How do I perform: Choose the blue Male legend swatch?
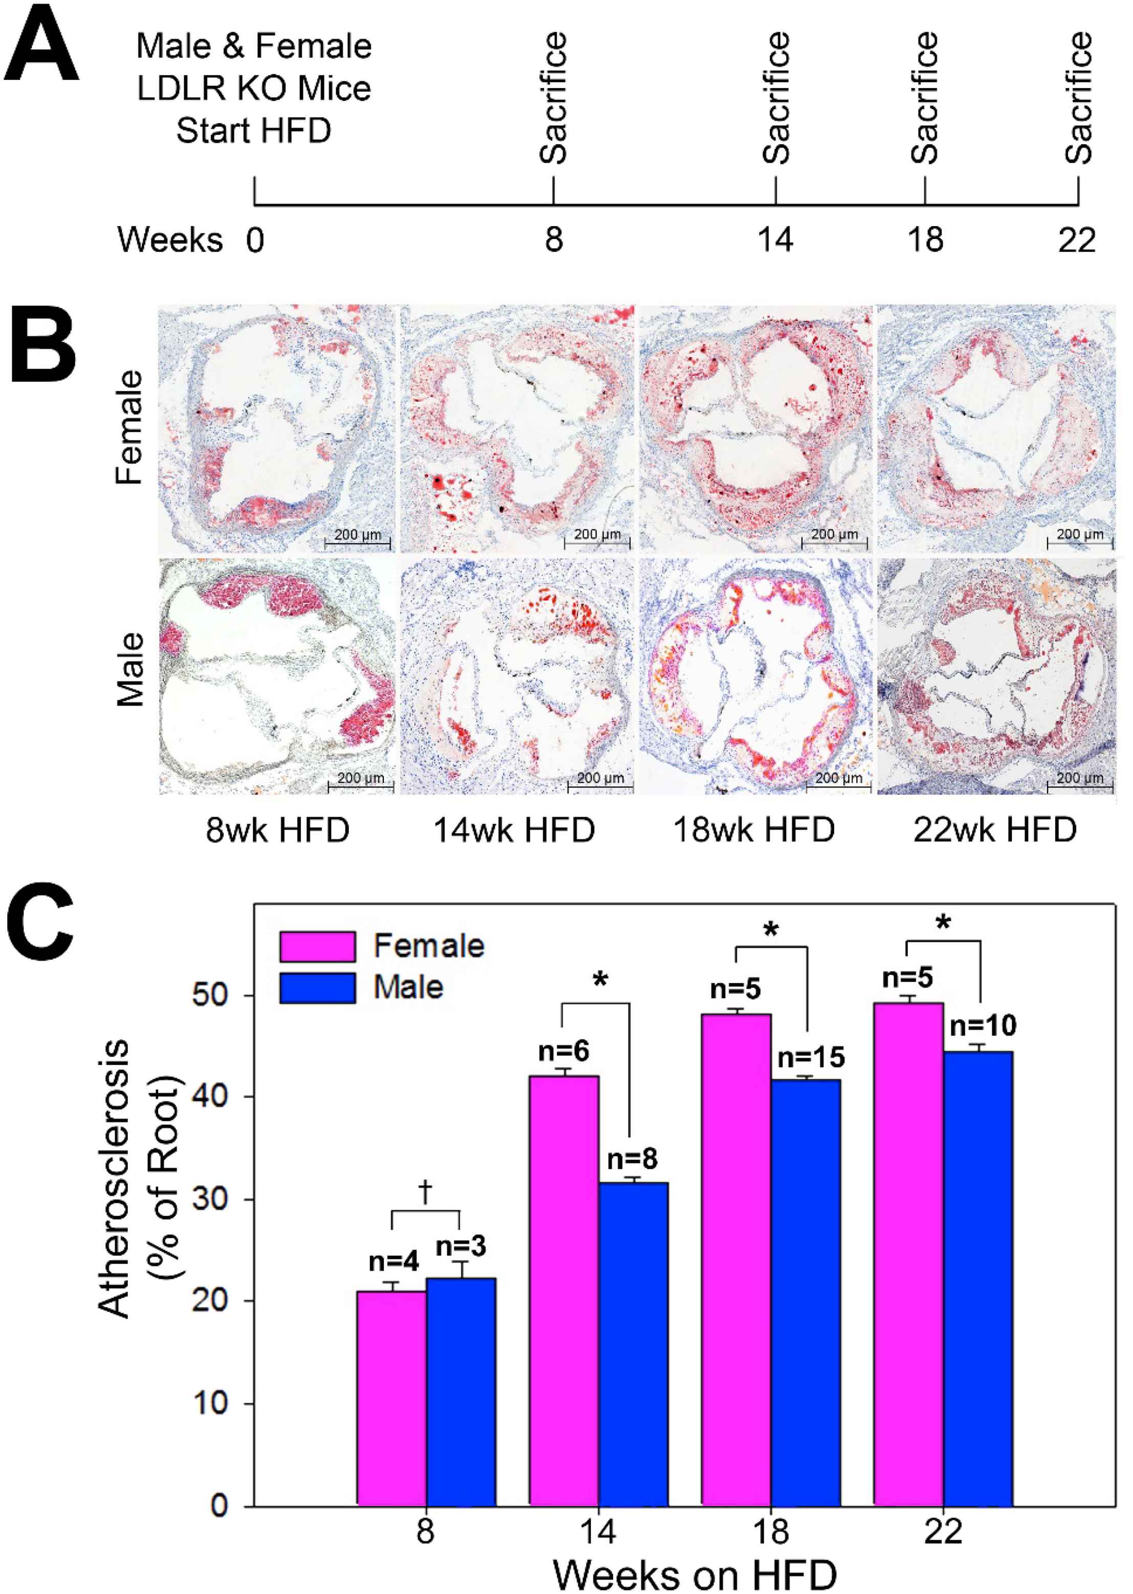317,987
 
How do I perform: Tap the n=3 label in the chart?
461,1246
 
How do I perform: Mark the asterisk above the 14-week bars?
600,980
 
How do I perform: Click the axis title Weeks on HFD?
695,1574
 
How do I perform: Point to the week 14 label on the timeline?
775,240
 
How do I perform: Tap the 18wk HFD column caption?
753,830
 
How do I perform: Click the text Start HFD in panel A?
253,130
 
